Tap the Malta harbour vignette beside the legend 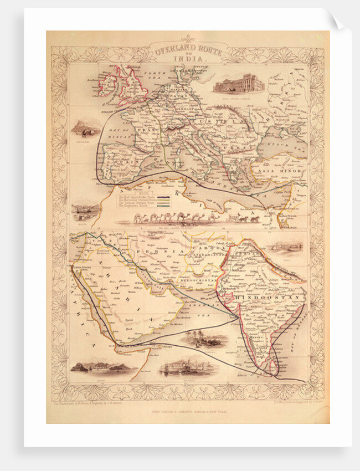(x=86, y=210)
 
